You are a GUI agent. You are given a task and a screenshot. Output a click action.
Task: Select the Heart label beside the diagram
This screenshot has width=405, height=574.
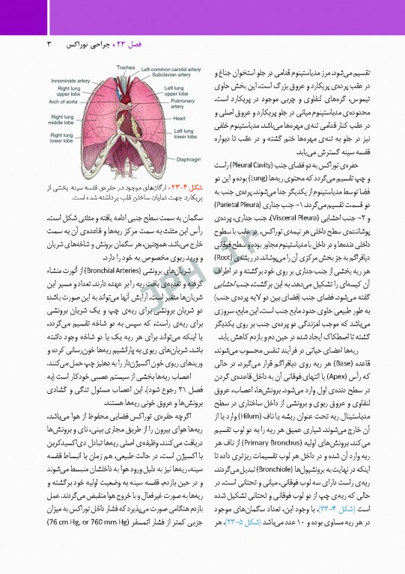click(180, 118)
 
